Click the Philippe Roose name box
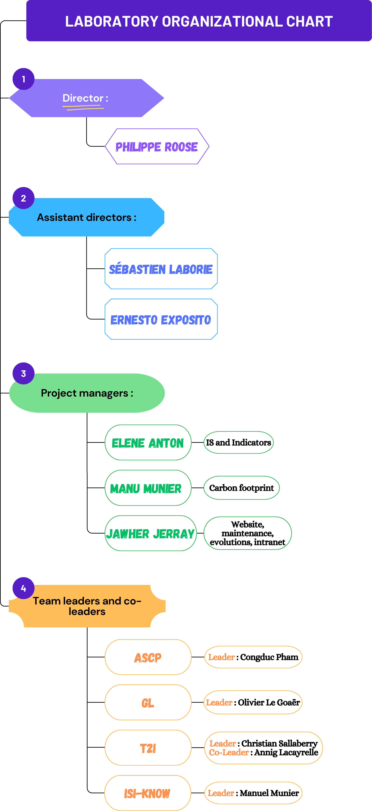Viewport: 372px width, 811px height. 157,146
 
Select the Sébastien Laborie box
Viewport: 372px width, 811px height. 161,269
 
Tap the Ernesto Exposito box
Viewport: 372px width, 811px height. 161,319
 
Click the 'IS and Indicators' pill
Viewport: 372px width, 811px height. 238,442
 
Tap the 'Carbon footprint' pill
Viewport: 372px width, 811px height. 241,488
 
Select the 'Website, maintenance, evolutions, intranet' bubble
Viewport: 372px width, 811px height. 247,533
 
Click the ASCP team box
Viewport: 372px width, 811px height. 148,657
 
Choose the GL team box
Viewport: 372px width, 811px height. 148,702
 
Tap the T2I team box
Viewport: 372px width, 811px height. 148,748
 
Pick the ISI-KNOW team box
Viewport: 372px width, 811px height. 147,793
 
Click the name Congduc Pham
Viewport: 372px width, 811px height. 269,657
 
